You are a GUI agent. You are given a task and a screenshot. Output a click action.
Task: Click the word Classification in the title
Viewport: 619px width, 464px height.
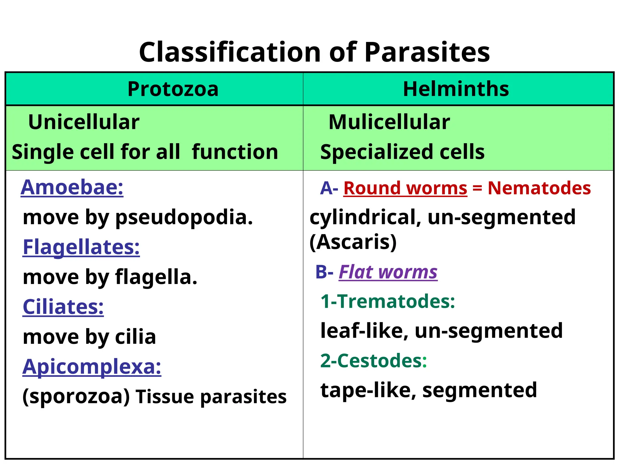[x=230, y=52]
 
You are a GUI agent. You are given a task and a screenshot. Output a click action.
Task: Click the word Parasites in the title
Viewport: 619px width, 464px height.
[x=427, y=52]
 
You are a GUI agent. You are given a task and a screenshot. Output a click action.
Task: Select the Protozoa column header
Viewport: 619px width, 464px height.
[x=173, y=89]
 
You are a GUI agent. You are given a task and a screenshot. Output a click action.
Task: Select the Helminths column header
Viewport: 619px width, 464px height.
[x=456, y=89]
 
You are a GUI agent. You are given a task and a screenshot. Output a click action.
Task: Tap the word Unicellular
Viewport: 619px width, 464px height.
[x=84, y=122]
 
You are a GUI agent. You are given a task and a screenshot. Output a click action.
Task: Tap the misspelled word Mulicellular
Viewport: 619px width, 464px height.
[x=389, y=122]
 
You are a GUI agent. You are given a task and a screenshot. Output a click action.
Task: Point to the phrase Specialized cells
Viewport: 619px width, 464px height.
[x=402, y=152]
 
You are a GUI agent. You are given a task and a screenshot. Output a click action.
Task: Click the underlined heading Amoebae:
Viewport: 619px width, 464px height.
[x=72, y=188]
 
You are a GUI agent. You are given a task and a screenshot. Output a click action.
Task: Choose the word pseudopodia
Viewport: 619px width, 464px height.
[x=184, y=217]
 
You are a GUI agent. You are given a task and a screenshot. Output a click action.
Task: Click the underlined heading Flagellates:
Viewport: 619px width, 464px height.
[x=81, y=247]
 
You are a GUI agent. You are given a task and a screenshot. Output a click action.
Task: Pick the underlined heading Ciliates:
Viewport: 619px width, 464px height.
[x=63, y=307]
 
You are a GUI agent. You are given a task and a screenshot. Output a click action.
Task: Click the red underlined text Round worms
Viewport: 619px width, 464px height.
[x=405, y=188]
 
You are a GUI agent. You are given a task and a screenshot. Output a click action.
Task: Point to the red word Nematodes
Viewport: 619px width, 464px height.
[x=539, y=188]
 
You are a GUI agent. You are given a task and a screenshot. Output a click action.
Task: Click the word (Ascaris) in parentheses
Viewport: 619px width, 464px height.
[x=353, y=242]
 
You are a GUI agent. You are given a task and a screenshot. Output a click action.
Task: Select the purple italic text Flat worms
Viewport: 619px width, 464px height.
[x=388, y=272]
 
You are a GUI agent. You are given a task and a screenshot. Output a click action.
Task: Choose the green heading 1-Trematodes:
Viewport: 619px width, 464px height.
[x=388, y=301]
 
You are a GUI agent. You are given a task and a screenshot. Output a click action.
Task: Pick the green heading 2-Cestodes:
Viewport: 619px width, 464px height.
[x=374, y=361]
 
